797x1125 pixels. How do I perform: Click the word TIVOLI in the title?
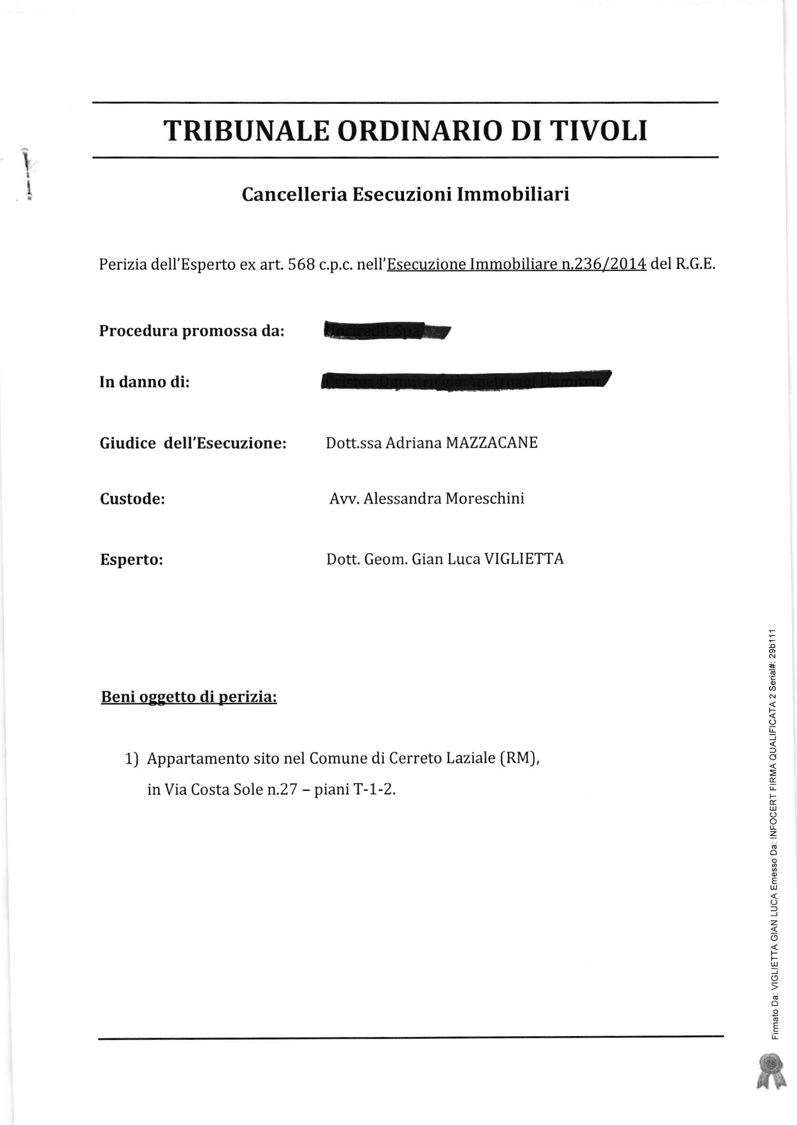point(598,131)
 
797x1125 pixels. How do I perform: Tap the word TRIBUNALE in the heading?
point(246,131)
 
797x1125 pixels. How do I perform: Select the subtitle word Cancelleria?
point(295,194)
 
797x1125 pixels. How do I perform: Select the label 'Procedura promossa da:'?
point(191,331)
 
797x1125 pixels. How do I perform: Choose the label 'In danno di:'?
point(144,382)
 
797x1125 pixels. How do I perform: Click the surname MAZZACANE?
point(491,443)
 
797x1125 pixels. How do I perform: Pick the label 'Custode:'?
point(132,499)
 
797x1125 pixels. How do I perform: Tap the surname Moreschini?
point(484,499)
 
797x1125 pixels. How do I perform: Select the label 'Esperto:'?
point(131,560)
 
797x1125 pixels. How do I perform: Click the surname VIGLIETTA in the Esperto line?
point(524,559)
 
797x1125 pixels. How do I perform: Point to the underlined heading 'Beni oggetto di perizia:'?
point(188,697)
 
